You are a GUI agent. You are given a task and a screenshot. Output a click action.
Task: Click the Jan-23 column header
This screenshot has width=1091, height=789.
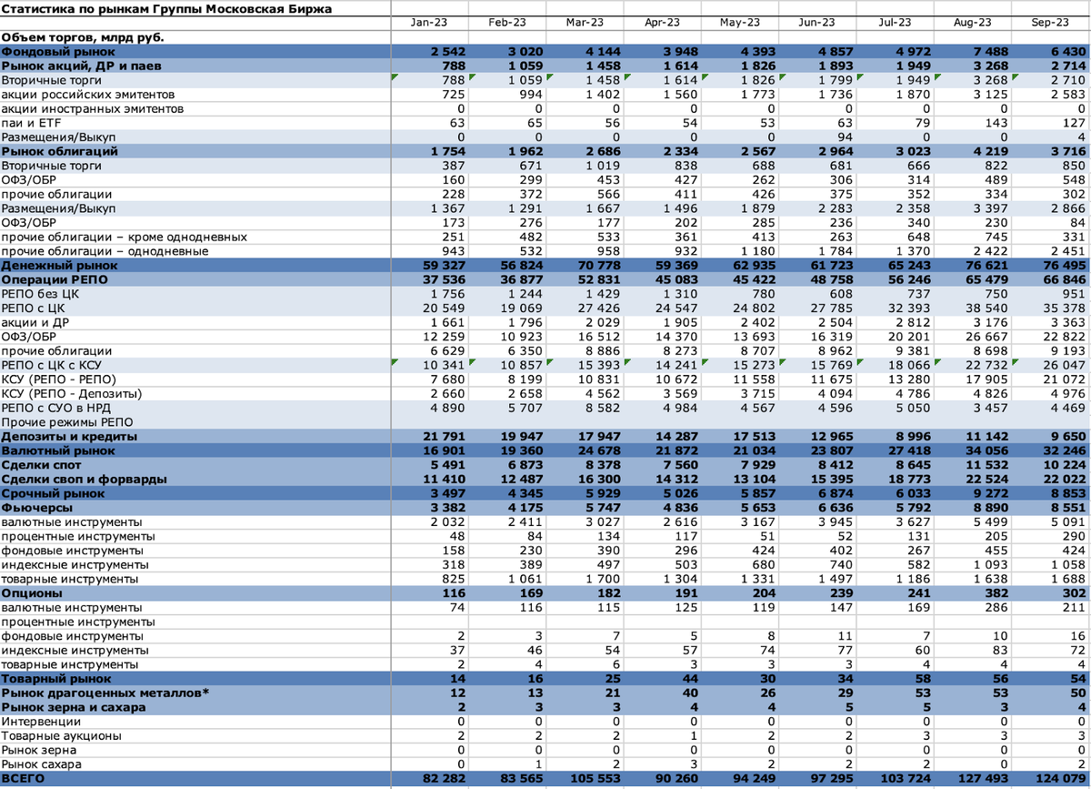tap(428, 23)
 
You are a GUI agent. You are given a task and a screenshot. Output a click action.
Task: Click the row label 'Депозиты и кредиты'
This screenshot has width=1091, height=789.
tap(69, 436)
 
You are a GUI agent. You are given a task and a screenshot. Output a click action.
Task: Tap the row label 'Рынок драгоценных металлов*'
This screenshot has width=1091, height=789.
tap(105, 693)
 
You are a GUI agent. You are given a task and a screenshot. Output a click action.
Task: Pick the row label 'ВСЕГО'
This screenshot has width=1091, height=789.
tap(25, 779)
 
